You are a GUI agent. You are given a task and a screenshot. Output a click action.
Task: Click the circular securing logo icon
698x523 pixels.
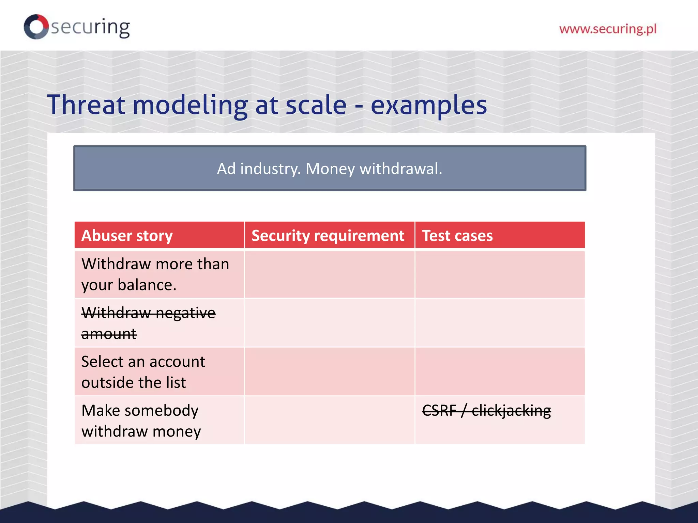pos(36,27)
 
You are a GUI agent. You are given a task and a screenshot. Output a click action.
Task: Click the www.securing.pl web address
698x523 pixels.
pos(607,29)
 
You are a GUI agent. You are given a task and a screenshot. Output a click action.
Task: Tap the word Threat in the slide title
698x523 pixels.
pos(86,105)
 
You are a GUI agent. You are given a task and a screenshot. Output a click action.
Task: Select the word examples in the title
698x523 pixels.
pos(428,105)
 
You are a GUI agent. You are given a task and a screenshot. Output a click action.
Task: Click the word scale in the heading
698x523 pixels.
pos(316,105)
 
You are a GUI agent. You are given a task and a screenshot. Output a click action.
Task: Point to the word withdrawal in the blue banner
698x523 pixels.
pos(401,169)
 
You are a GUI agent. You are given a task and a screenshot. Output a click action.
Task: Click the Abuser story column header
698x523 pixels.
pos(127,236)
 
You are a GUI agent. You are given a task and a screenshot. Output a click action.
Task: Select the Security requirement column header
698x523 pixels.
pos(328,236)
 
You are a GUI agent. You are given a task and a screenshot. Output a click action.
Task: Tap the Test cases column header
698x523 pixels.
pos(457,236)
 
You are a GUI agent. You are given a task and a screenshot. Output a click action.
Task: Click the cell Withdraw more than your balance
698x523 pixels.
pos(155,274)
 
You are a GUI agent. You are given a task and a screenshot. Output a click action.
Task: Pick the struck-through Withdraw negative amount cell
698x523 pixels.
pos(148,323)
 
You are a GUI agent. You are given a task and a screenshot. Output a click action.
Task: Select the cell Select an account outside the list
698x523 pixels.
pos(143,371)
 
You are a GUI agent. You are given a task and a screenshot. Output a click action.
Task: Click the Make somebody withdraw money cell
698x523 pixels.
pos(141,421)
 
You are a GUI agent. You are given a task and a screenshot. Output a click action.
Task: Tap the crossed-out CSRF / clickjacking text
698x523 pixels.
pos(486,410)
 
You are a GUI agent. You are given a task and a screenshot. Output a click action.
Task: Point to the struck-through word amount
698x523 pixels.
pos(109,334)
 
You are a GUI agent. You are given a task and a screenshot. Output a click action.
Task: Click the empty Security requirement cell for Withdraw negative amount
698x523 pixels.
pos(329,323)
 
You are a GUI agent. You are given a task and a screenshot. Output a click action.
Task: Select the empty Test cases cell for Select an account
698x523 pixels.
pos(500,371)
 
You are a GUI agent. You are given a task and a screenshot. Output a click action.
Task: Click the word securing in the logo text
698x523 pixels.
pos(90,27)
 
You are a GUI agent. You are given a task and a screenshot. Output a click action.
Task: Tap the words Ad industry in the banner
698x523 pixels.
pos(258,169)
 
